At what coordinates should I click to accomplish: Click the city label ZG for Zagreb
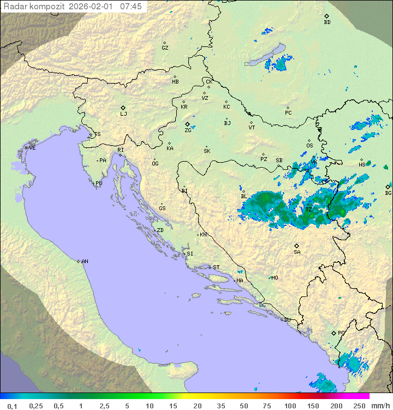188,130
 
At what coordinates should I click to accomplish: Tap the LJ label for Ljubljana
123,114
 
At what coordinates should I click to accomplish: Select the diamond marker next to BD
326,16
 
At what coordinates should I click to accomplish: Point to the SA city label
297,252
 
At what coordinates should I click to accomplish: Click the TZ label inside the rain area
308,209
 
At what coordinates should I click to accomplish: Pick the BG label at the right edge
388,193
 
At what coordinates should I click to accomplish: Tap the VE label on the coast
32,148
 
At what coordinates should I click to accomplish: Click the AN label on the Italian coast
85,262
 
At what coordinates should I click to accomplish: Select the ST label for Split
216,268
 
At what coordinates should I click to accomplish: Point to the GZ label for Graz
165,48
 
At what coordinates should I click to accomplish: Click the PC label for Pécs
288,113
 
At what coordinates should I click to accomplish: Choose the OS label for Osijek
309,146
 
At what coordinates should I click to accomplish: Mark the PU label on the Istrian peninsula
99,183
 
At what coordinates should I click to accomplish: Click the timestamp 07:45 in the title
131,7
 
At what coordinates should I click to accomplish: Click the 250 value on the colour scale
359,406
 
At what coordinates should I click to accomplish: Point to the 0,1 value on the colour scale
12,406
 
